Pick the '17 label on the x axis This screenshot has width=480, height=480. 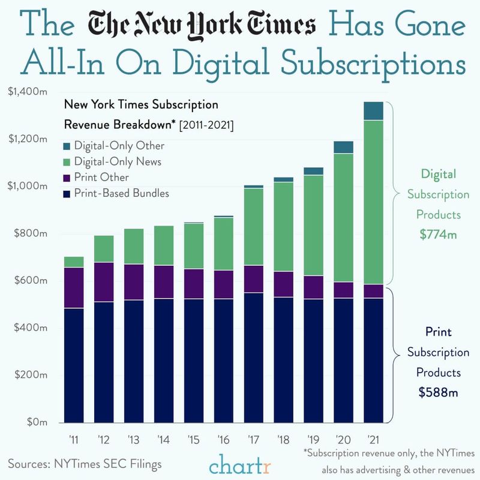253,438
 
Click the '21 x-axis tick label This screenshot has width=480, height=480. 373,438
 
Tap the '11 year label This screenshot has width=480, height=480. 74,438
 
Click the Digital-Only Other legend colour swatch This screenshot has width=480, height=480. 67,146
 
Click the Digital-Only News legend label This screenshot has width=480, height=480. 118,161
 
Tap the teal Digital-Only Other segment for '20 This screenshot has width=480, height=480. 343,148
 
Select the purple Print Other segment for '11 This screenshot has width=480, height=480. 74,287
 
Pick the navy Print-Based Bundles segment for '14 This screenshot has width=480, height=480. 164,360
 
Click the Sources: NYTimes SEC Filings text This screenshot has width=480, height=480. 85,463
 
